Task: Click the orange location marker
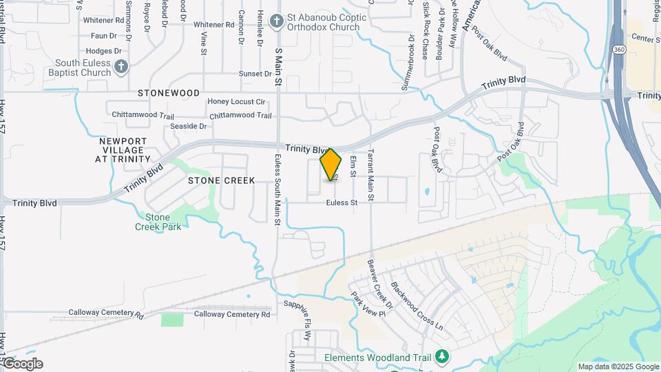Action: tap(331, 164)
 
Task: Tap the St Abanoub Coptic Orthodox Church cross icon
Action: tap(276, 21)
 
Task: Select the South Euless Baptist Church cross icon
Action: tap(121, 66)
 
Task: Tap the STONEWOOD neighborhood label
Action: tap(169, 92)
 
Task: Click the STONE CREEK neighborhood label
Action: tap(222, 180)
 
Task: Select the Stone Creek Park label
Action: tap(158, 222)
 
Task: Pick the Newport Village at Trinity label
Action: tap(123, 149)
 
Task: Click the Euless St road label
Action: tap(342, 203)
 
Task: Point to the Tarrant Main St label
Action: tap(370, 175)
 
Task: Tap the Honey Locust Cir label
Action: tap(237, 102)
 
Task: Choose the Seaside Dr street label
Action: tap(189, 126)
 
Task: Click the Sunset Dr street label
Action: tap(255, 74)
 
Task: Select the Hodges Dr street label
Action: tap(105, 51)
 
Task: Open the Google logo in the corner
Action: tap(23, 364)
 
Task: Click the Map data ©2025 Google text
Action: tap(618, 366)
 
